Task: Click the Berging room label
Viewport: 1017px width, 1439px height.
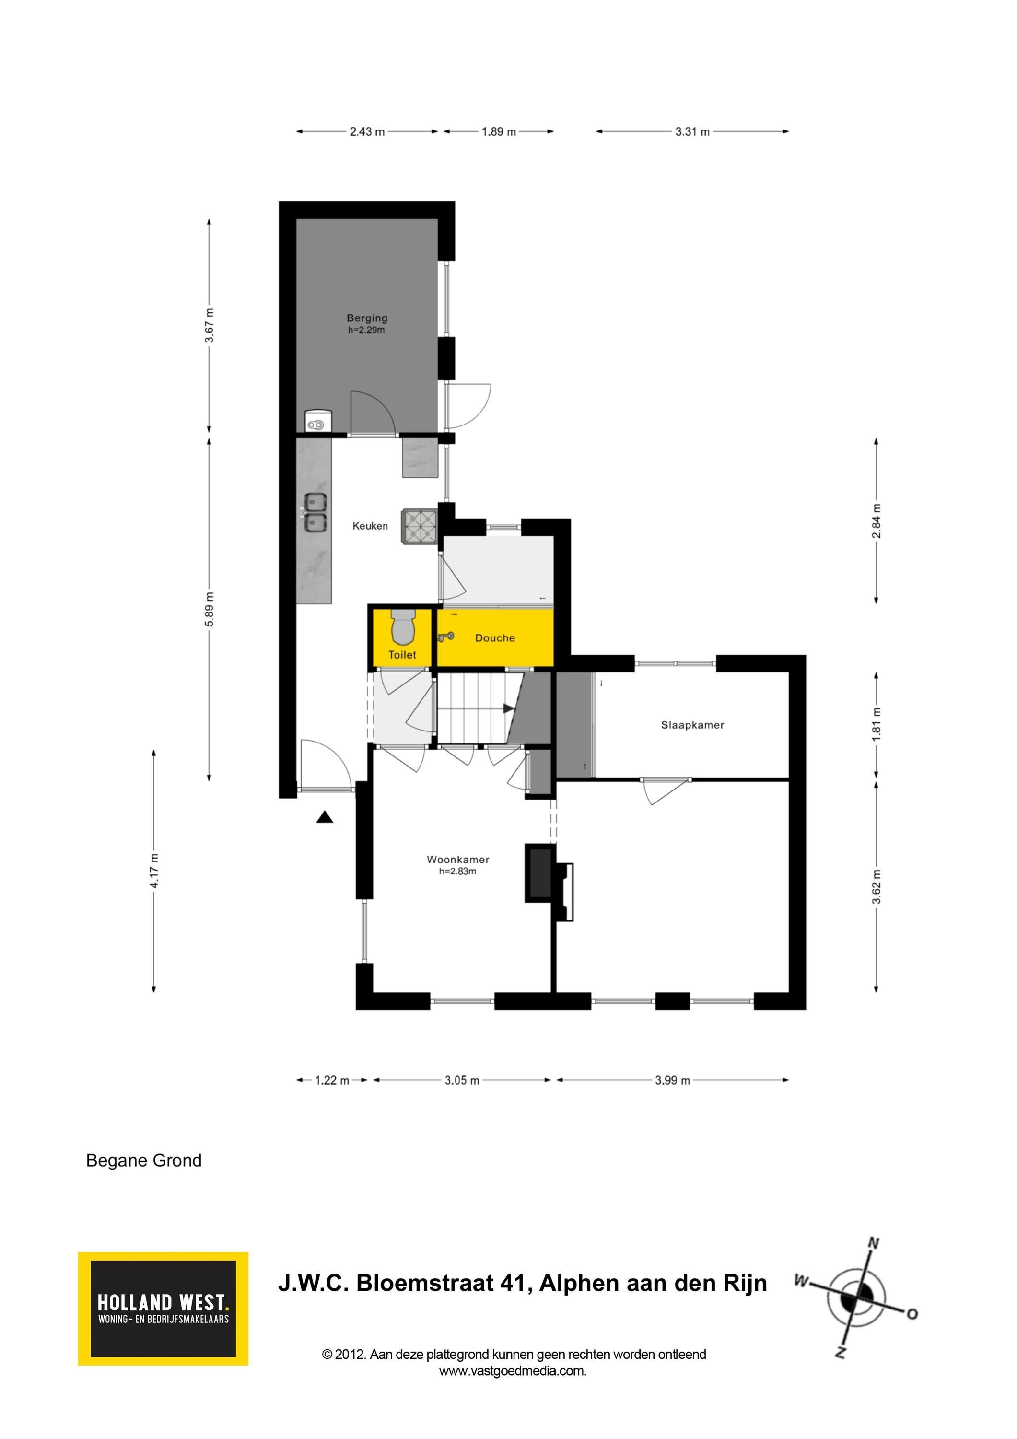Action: tap(367, 318)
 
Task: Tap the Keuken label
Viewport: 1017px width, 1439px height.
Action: tap(370, 526)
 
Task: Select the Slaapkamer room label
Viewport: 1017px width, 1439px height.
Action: tap(692, 725)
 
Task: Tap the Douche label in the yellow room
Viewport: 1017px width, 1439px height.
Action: tap(495, 638)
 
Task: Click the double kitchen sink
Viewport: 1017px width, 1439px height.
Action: tap(315, 513)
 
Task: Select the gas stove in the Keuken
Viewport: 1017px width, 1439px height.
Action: tap(419, 526)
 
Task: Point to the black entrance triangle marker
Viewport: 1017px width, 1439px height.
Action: tap(325, 817)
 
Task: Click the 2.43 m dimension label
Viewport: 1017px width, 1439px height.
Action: tap(367, 131)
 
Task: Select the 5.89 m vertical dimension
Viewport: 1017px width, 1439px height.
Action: tap(209, 609)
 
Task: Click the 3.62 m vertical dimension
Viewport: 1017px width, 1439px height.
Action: tap(876, 887)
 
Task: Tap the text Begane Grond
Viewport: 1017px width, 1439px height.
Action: tap(143, 1161)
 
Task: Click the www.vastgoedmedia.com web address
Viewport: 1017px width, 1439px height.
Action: tap(513, 1371)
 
